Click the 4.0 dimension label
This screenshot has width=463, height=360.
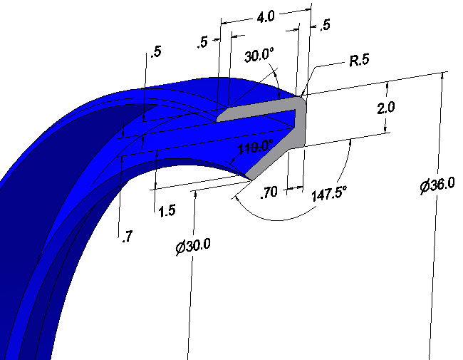pos(266,16)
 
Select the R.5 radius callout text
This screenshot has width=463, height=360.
pos(358,61)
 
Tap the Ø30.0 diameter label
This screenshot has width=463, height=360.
pos(194,247)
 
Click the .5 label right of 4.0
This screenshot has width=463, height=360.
pos(326,26)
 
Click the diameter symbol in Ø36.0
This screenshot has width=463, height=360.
pos(425,186)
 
